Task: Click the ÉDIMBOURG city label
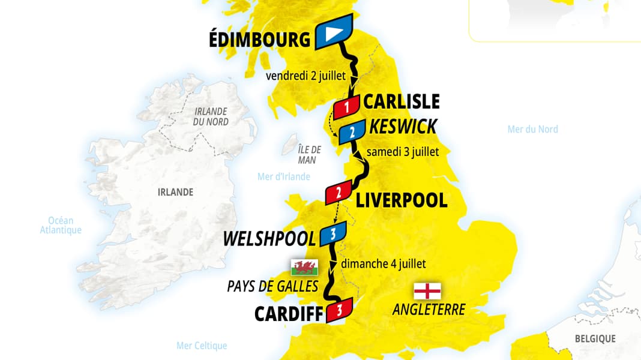pyautogui.click(x=259, y=40)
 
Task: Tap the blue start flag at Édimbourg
pyautogui.click(x=333, y=34)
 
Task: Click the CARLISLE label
pyautogui.click(x=401, y=101)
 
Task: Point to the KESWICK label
pyautogui.click(x=403, y=127)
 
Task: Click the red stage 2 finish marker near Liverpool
pyautogui.click(x=339, y=192)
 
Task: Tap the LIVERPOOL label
pyautogui.click(x=402, y=200)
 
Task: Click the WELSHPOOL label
pyautogui.click(x=269, y=239)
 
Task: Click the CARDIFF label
pyautogui.click(x=285, y=314)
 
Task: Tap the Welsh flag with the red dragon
pyautogui.click(x=304, y=267)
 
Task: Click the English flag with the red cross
pyautogui.click(x=427, y=291)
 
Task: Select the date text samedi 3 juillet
pyautogui.click(x=403, y=152)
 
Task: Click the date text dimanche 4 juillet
pyautogui.click(x=384, y=263)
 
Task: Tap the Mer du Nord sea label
pyautogui.click(x=532, y=129)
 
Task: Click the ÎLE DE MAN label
pyautogui.click(x=310, y=154)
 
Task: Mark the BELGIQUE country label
pyautogui.click(x=595, y=339)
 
